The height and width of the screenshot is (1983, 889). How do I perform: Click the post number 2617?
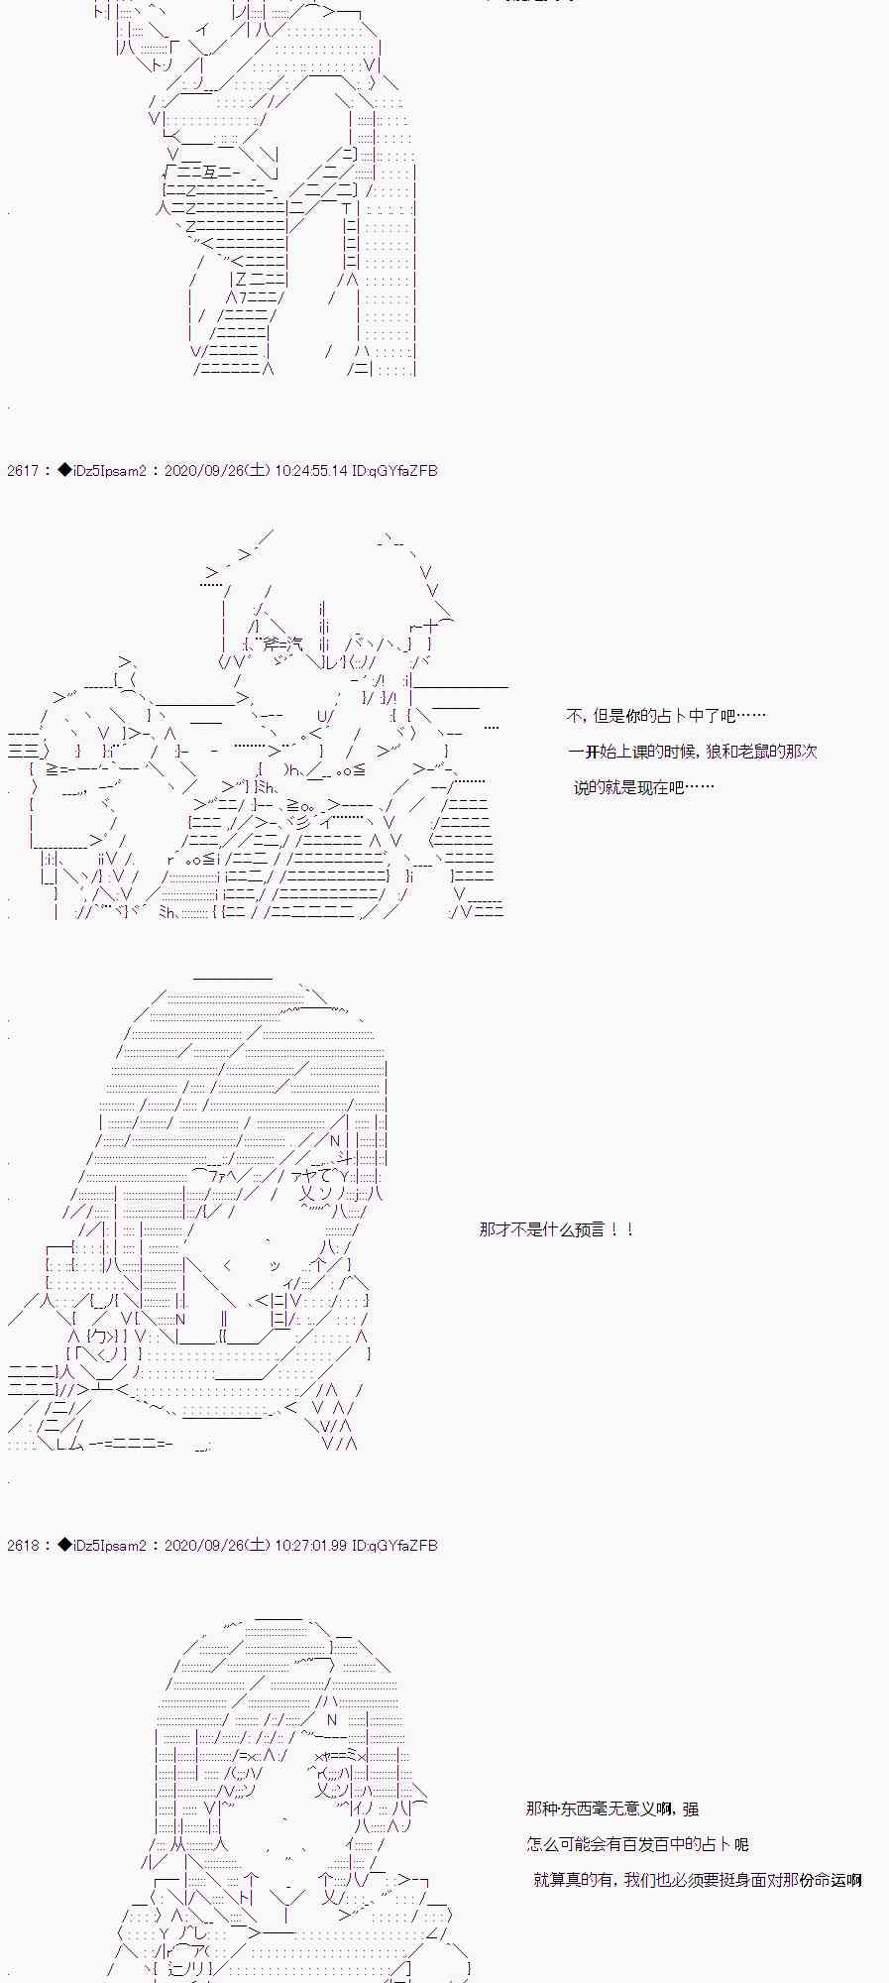coord(22,471)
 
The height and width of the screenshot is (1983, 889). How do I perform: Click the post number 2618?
coord(22,1546)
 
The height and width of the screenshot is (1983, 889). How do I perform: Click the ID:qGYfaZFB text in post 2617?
coord(394,471)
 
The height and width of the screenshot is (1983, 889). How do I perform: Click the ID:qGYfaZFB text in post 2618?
coord(394,1546)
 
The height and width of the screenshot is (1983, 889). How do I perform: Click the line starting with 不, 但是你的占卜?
coord(665,716)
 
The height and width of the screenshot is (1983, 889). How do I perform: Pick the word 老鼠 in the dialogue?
coord(768,752)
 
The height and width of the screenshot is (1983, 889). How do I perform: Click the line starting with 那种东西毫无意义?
coord(611,1808)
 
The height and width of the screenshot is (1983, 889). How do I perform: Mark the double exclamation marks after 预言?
coord(621,1229)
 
